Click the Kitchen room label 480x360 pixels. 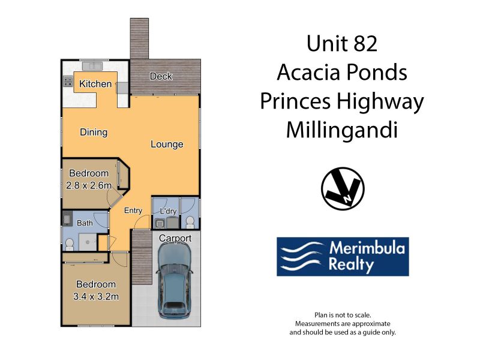(95, 83)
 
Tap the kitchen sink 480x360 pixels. (92, 66)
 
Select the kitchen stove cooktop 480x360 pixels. (68, 82)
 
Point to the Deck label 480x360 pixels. (161, 76)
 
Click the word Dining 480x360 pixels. (94, 132)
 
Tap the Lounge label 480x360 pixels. (167, 144)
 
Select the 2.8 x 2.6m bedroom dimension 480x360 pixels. (89, 185)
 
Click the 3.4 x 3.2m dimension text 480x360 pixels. (96, 296)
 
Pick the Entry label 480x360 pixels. (133, 211)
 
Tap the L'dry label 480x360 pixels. (169, 211)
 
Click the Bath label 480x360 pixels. (85, 223)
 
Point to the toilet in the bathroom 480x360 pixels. (70, 245)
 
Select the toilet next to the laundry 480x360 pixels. (190, 222)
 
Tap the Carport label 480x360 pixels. (175, 238)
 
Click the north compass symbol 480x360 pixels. (343, 188)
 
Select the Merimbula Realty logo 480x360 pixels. (343, 257)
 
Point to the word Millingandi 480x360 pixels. (342, 130)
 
